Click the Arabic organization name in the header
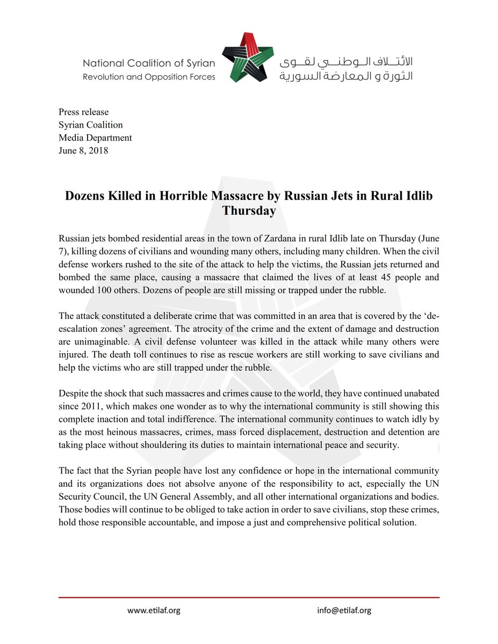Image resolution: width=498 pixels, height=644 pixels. (345, 69)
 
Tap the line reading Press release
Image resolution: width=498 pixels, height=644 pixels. (83, 112)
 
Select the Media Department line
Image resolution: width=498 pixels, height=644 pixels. (95, 138)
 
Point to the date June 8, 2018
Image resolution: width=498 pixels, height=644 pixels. (83, 151)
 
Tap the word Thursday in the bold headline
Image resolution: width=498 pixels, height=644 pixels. (249, 211)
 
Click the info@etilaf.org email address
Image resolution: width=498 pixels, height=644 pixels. (344, 610)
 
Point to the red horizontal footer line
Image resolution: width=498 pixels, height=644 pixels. (249, 597)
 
